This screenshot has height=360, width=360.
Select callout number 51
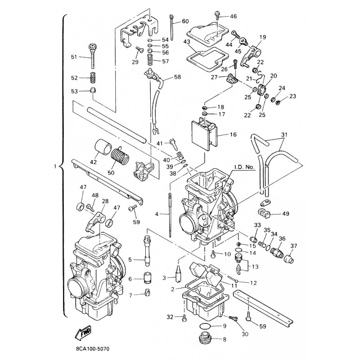click(x=74, y=57)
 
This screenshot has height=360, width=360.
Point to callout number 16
click(x=233, y=134)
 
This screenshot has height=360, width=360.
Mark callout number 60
click(x=185, y=21)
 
